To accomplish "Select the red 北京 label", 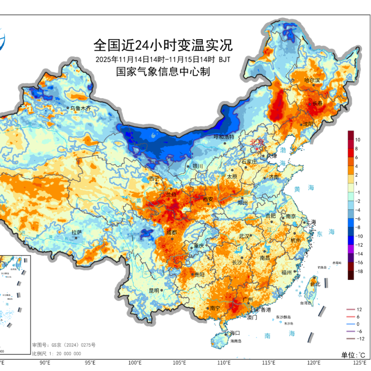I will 257,142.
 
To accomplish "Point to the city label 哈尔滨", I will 312,80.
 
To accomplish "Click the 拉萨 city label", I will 77,232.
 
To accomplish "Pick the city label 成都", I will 172,232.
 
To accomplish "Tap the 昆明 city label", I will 154,290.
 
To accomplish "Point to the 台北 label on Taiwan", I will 315,284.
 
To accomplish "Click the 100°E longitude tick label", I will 134,363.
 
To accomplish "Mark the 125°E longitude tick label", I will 359,363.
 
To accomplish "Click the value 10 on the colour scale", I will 357,139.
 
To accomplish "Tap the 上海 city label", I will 311,222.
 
